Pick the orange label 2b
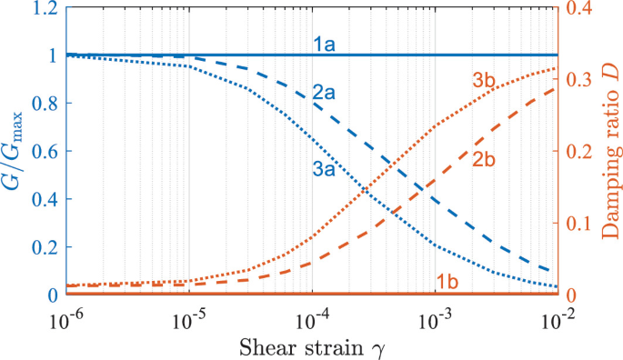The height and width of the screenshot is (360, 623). [483, 160]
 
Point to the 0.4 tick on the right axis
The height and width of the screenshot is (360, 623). [584, 8]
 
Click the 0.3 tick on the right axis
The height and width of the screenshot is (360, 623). [584, 80]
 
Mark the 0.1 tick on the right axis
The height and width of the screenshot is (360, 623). [584, 224]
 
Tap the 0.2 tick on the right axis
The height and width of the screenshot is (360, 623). [584, 152]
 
